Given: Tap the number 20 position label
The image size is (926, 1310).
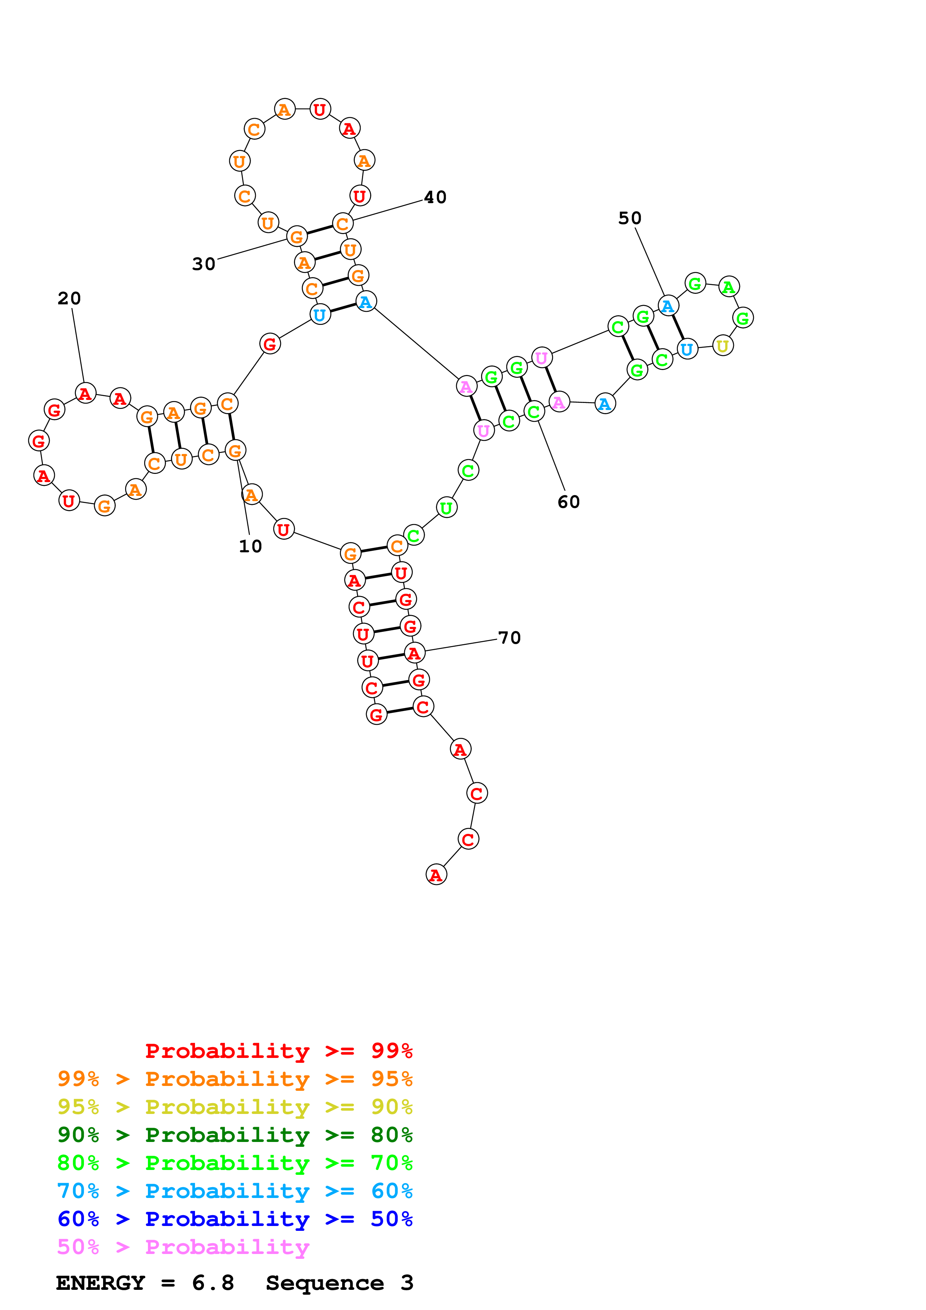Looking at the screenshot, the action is click(69, 298).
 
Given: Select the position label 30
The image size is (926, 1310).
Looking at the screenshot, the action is click(204, 264).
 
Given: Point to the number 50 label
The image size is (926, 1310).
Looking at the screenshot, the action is click(630, 218).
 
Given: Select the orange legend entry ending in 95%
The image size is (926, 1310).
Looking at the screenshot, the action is click(235, 1078).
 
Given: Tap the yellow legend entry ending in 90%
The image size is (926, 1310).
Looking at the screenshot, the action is click(235, 1106).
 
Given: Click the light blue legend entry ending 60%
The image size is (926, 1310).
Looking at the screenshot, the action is click(235, 1191).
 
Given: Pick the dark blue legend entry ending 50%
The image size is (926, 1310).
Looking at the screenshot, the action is click(235, 1219).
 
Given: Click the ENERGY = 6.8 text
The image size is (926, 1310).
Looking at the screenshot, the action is click(145, 1283).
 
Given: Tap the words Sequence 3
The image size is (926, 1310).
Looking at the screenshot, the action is click(340, 1283).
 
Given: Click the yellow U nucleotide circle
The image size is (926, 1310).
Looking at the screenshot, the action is click(723, 346).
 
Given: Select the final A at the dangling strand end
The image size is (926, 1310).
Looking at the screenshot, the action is click(436, 875).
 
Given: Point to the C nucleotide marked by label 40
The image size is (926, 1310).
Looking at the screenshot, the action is click(342, 224).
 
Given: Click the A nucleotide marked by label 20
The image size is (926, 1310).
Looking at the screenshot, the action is click(85, 393).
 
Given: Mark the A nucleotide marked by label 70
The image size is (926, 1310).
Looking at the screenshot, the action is click(414, 653).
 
